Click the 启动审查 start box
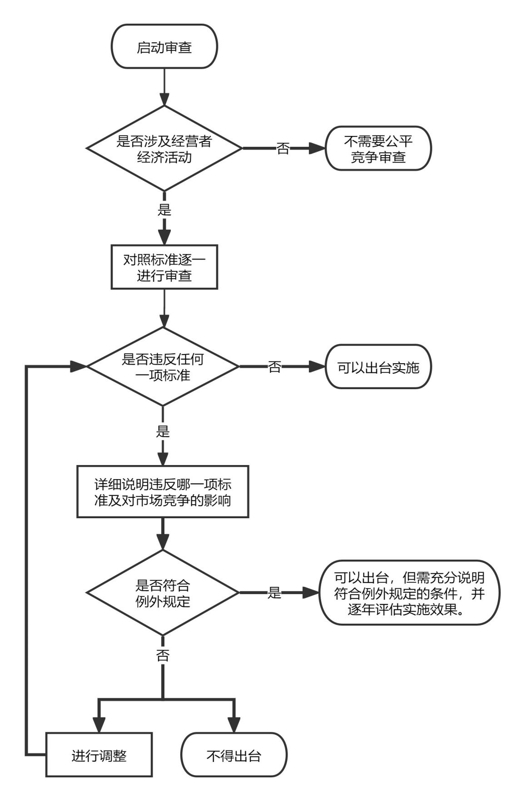164,47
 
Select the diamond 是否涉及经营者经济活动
164,149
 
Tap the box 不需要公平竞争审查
378,149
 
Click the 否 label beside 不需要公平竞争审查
283,149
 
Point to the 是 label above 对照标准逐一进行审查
164,210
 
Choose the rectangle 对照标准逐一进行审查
164,267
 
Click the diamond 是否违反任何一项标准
163,367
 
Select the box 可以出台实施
378,367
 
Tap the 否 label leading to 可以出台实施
274,367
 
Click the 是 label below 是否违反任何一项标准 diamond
163,431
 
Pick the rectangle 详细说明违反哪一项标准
163,492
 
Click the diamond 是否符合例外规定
163,593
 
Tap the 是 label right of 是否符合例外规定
274,593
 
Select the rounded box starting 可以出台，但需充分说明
409,593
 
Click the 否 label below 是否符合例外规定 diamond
163,655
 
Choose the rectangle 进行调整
99,756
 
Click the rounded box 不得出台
234,756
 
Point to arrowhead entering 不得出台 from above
234,725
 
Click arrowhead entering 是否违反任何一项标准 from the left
79,366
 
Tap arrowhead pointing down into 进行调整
99,725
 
